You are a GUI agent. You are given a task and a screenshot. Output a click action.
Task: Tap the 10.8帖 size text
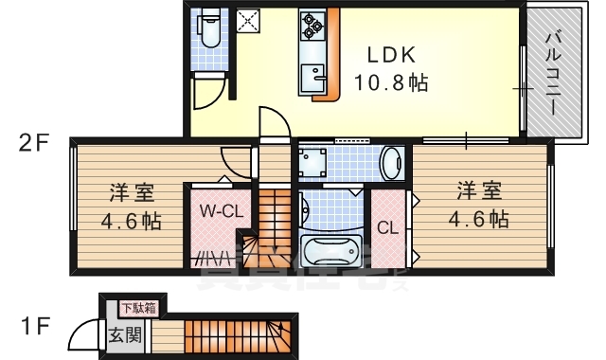coord(391,82)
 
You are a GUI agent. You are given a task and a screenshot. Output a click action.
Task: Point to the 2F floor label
coord(35,143)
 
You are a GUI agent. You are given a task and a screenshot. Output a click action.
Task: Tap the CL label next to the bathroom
coord(386,227)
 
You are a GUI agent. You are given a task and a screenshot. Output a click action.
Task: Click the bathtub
coord(329,253)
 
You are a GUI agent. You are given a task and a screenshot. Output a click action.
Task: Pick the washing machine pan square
coord(312,163)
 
